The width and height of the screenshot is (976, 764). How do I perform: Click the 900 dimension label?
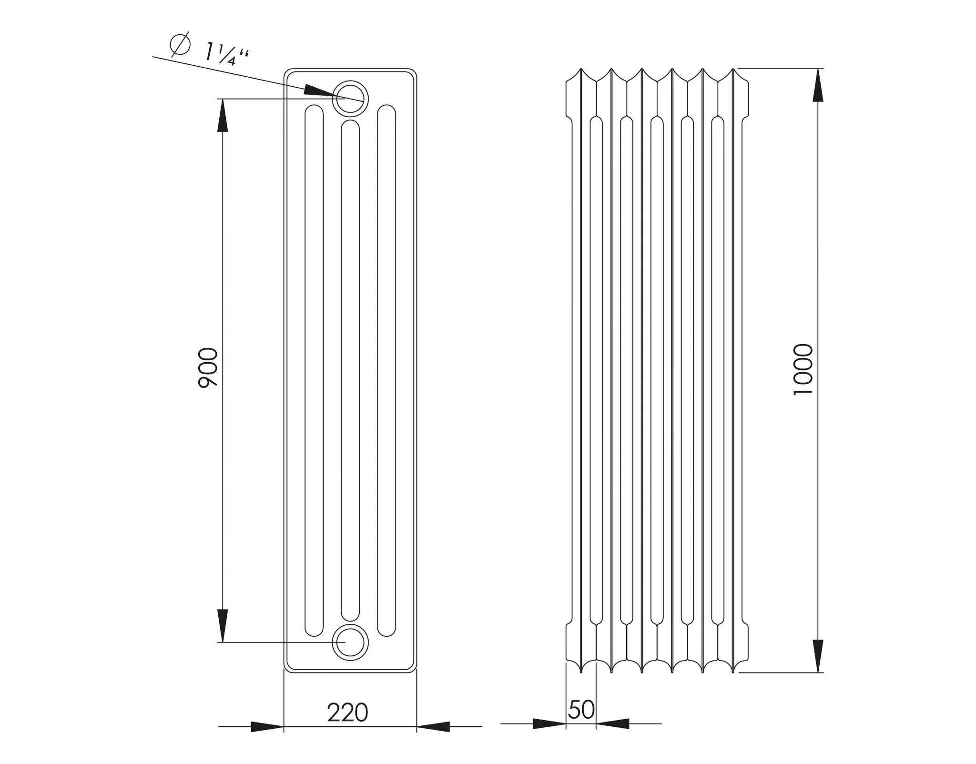click(208, 367)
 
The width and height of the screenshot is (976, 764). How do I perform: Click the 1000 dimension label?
click(803, 369)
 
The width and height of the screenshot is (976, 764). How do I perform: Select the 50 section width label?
click(581, 710)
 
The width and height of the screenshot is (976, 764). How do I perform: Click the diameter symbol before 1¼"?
click(180, 44)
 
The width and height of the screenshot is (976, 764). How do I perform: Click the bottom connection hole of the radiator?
click(350, 642)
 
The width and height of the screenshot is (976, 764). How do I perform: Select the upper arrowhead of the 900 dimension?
click(223, 117)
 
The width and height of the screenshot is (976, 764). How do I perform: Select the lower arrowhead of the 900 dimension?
click(223, 624)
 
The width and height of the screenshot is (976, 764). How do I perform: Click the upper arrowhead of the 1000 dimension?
click(818, 86)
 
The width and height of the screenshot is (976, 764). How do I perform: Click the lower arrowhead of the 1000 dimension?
click(818, 655)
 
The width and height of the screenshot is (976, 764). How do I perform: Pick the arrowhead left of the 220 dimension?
click(267, 727)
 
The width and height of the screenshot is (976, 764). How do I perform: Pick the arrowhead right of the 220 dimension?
click(433, 727)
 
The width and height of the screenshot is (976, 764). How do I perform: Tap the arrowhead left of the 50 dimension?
click(549, 723)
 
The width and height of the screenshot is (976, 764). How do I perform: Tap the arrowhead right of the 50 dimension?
click(613, 723)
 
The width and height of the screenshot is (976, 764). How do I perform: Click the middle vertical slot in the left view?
click(350, 371)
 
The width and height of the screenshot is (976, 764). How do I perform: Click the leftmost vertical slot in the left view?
click(314, 371)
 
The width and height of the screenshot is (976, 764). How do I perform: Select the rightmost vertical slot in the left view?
click(386, 371)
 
